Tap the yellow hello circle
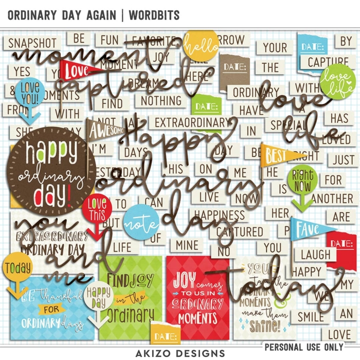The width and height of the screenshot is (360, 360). coord(201,45)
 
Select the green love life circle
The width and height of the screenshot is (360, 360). coord(337,81)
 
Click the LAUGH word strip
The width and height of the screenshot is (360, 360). coord(315,254)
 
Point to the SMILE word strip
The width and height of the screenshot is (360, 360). coord(311,315)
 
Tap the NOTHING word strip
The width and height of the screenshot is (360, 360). coord(161,100)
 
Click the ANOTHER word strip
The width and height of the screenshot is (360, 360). coord(332,198)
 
